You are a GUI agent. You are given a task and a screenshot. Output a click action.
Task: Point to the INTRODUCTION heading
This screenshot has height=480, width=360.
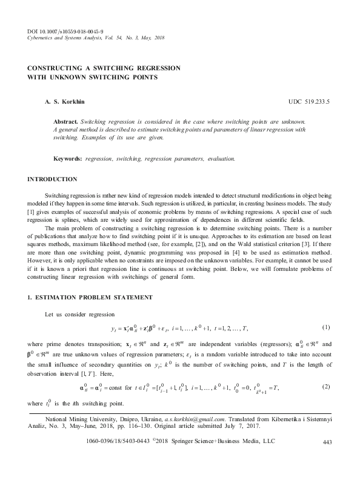click(52, 179)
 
